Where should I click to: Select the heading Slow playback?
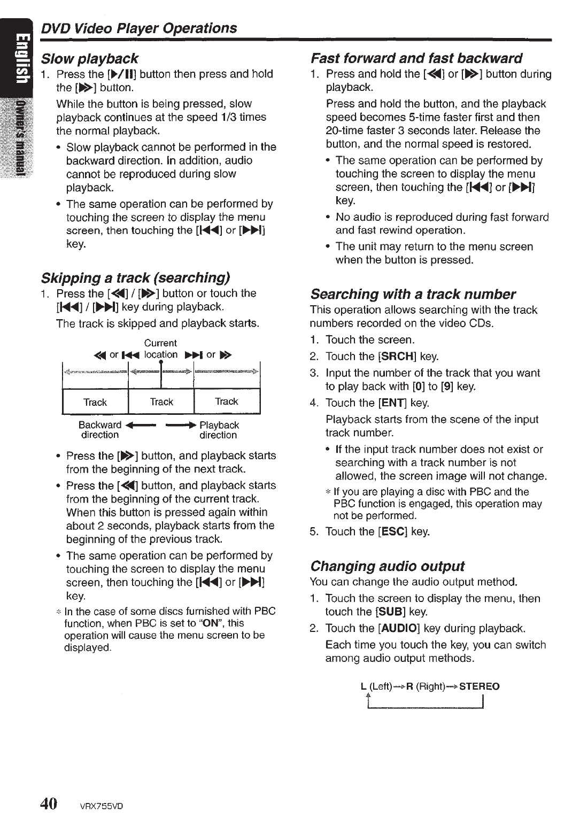point(90,58)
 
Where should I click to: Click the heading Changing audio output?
point(387,566)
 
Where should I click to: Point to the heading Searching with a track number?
point(413,294)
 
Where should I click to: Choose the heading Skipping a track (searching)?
point(135,277)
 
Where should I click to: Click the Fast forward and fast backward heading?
point(416,58)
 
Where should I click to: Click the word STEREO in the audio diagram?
point(480,686)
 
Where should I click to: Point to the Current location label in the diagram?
point(160,349)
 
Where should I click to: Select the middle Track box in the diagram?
point(161,402)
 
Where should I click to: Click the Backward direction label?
point(100,430)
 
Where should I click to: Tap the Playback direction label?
point(219,430)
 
